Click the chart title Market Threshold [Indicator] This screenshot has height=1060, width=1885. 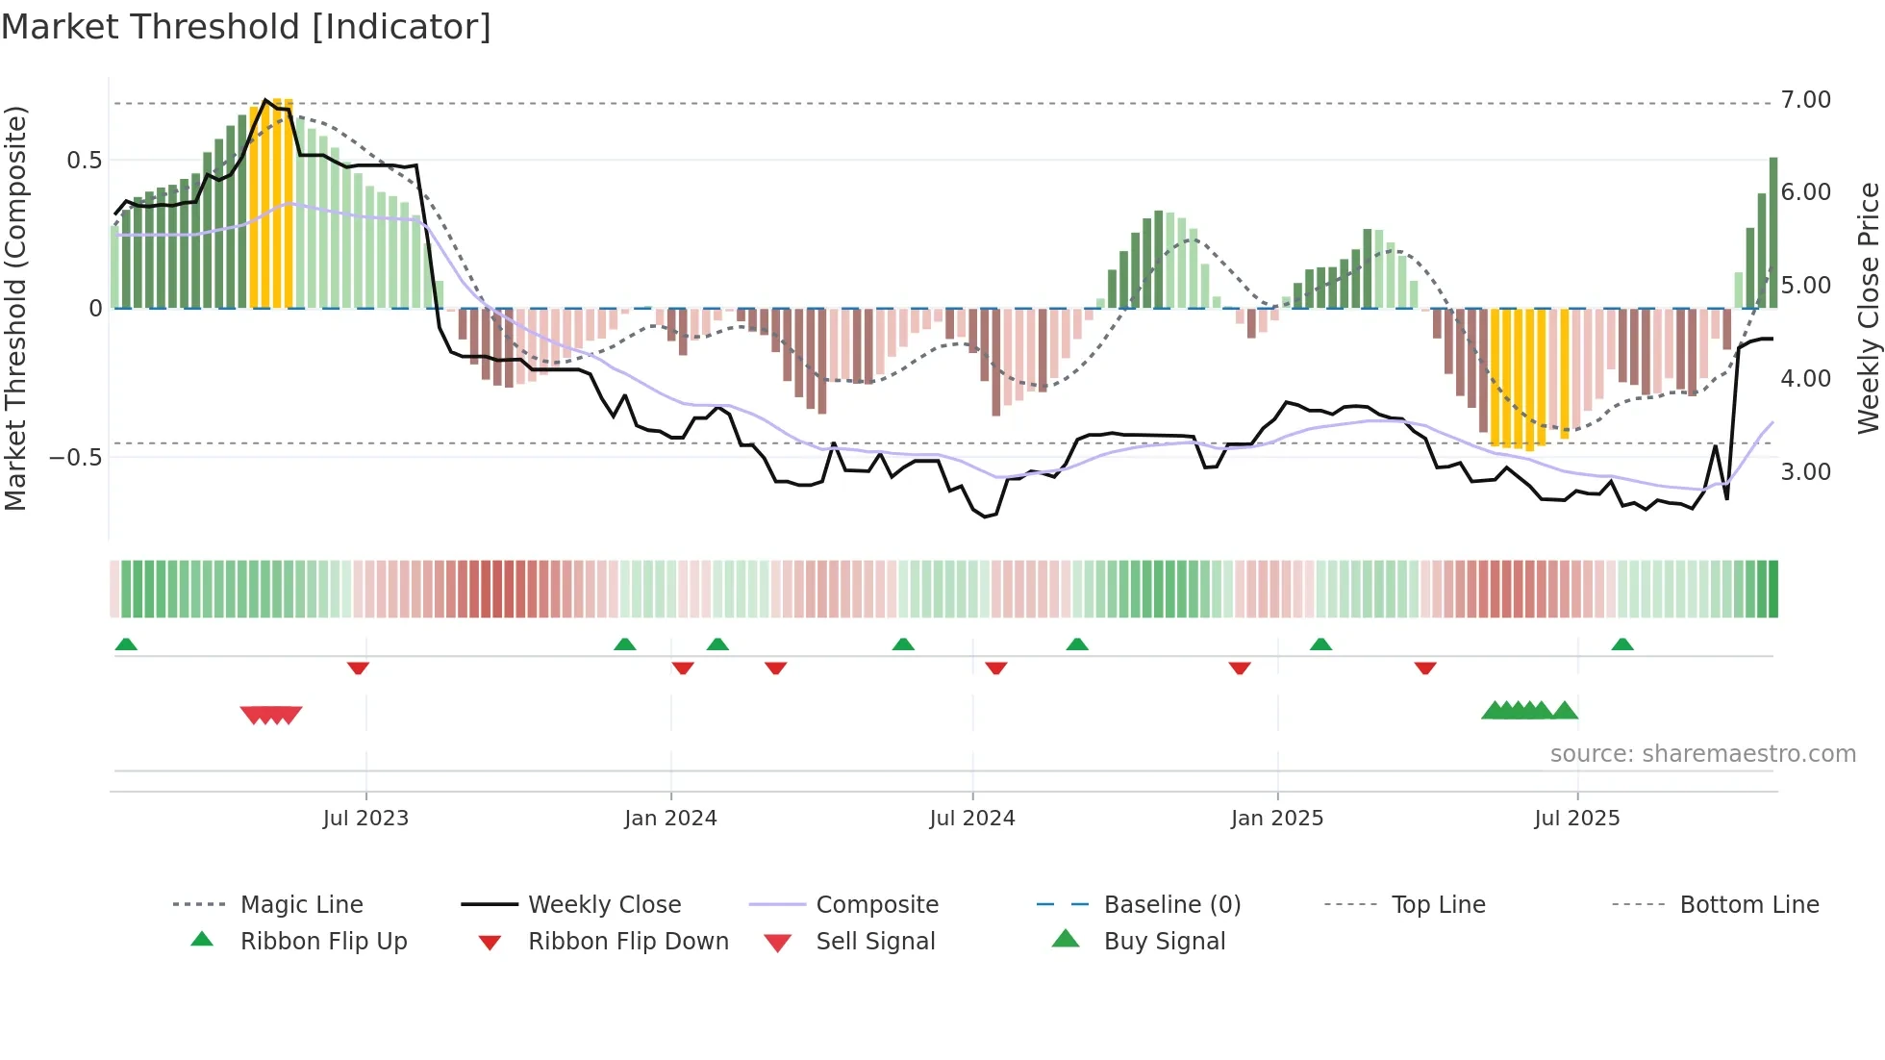pos(246,27)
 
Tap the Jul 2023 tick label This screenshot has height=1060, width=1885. pos(365,819)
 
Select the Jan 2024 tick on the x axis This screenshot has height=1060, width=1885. pos(670,819)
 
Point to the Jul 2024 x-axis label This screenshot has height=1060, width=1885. pos(972,819)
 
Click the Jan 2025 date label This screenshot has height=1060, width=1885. pos(1277,819)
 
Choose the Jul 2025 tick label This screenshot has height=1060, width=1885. pos(1577,819)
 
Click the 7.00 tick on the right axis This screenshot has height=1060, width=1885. pos(1805,100)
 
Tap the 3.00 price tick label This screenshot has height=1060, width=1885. pos(1805,472)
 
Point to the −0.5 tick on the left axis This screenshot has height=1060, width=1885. pos(75,457)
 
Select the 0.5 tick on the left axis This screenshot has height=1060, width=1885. pos(85,161)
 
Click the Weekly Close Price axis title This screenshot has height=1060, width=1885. pos(1868,308)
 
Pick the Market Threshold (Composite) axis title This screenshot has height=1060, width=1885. pos(15,308)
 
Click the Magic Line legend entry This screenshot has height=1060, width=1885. pos(301,905)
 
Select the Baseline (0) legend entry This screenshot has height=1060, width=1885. pos(1171,905)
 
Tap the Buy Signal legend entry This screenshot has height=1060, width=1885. pos(1164,942)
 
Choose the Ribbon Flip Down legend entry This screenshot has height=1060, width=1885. pos(628,942)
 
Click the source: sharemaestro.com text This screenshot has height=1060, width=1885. pos(1702,754)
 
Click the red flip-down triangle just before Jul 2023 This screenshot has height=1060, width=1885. pos(358,668)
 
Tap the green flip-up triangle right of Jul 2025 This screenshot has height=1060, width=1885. pos(1622,644)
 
